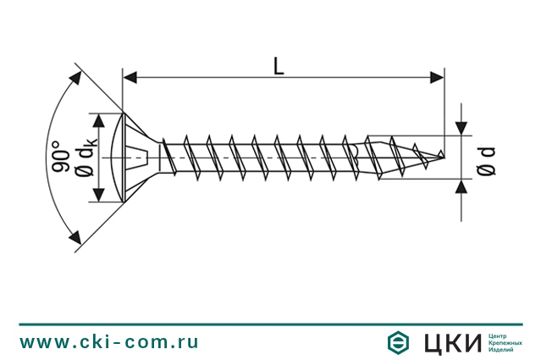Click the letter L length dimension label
tap(279, 66)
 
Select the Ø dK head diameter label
tap(86, 157)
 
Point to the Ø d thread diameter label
tap(486, 161)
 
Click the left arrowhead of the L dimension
tap(130, 78)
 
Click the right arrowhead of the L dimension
tap(437, 78)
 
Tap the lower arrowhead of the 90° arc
tap(75, 236)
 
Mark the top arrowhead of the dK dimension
tap(99, 120)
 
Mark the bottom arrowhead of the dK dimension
tap(99, 195)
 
